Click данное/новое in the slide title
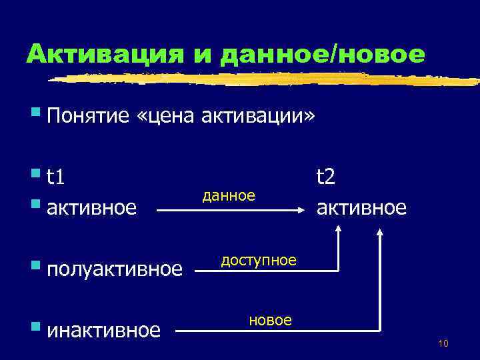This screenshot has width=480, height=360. pyautogui.click(x=322, y=54)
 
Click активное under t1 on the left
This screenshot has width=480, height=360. pyautogui.click(x=92, y=207)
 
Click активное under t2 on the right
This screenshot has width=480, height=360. pyautogui.click(x=361, y=207)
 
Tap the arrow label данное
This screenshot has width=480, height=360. pyautogui.click(x=229, y=195)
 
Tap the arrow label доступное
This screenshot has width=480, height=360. pyautogui.click(x=259, y=260)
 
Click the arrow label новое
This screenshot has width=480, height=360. pyautogui.click(x=270, y=320)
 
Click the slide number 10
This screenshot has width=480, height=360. pyautogui.click(x=443, y=343)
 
